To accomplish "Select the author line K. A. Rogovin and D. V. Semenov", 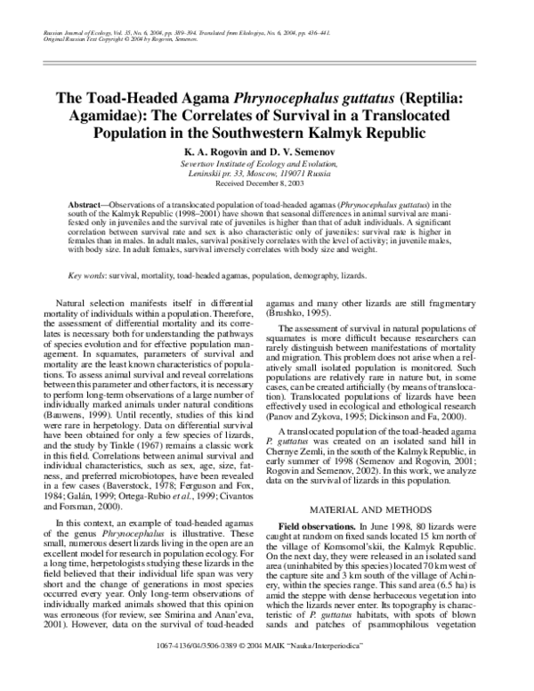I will pyautogui.click(x=266, y=153).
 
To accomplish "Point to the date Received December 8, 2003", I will pyautogui.click(x=266, y=183).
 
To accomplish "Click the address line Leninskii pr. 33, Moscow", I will pyautogui.click(x=266, y=174).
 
